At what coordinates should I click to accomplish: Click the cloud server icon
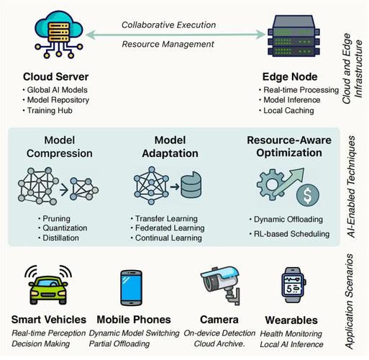tap(59, 35)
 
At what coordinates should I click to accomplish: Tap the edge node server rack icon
tap(293, 36)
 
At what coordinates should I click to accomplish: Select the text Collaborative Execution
tap(168, 25)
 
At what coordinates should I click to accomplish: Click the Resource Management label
tap(168, 44)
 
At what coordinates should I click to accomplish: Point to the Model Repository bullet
tap(56, 100)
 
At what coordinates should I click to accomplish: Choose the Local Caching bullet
tap(286, 111)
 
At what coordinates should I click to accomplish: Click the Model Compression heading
tap(60, 147)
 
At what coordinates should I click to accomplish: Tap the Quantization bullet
tap(63, 228)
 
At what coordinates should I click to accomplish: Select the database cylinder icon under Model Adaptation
tap(191, 184)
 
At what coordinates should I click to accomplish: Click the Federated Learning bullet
tap(168, 228)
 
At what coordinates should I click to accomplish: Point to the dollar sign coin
tap(308, 195)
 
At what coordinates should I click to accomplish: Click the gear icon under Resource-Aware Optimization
tap(271, 184)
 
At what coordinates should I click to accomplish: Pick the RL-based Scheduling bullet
tap(289, 234)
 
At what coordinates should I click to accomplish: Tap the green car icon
tap(48, 286)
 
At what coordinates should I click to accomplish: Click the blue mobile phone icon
tap(131, 288)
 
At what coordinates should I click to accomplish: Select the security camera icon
tap(221, 284)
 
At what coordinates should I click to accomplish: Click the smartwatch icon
tap(293, 285)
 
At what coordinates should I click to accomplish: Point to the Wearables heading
tap(291, 320)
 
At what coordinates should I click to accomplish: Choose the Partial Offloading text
tap(119, 343)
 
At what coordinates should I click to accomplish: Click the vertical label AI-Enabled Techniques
tap(351, 186)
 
